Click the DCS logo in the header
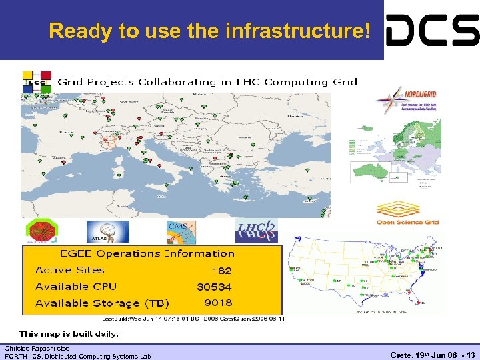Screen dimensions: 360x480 (x=432, y=30)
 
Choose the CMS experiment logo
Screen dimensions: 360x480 (x=181, y=232)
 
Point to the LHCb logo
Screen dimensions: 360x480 (x=257, y=231)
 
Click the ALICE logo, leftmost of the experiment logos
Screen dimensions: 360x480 (x=41, y=231)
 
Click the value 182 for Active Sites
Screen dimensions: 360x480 (x=221, y=271)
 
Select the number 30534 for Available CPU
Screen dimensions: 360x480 (x=214, y=287)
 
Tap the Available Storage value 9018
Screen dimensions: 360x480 (x=218, y=303)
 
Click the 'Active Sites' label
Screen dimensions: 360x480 (x=70, y=270)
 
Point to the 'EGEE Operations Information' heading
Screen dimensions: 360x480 (x=147, y=253)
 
